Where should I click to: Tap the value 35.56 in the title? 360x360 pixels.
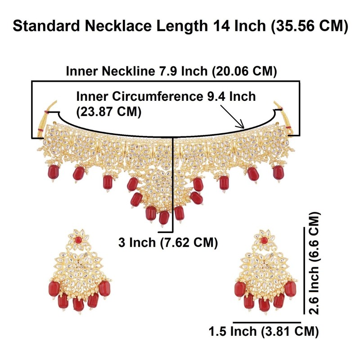[x=292, y=27]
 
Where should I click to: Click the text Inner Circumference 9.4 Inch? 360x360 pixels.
[x=166, y=96]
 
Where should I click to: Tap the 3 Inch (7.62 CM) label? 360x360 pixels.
[x=168, y=243]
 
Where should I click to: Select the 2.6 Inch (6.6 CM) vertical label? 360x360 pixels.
[x=315, y=263]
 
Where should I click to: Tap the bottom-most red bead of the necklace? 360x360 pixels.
[x=164, y=217]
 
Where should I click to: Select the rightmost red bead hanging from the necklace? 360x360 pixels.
[x=278, y=171]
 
